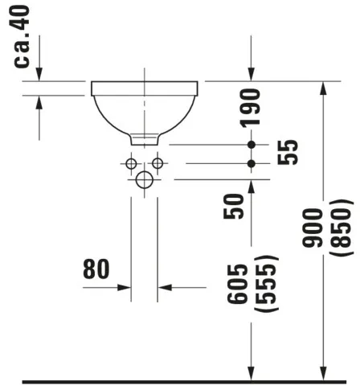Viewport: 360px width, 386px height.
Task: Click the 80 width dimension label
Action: pyautogui.click(x=96, y=269)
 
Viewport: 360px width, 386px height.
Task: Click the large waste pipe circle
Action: pyautogui.click(x=144, y=179)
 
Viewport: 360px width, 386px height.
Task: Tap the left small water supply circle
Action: pyautogui.click(x=131, y=163)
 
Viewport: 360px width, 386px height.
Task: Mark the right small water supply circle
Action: pyautogui.click(x=157, y=163)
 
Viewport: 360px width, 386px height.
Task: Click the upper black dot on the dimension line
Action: pyautogui.click(x=252, y=145)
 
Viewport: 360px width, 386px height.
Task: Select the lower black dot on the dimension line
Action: pyautogui.click(x=252, y=163)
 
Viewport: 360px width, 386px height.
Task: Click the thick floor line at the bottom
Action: pyautogui.click(x=180, y=380)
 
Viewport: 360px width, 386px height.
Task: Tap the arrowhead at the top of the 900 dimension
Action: pyautogui.click(x=323, y=88)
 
